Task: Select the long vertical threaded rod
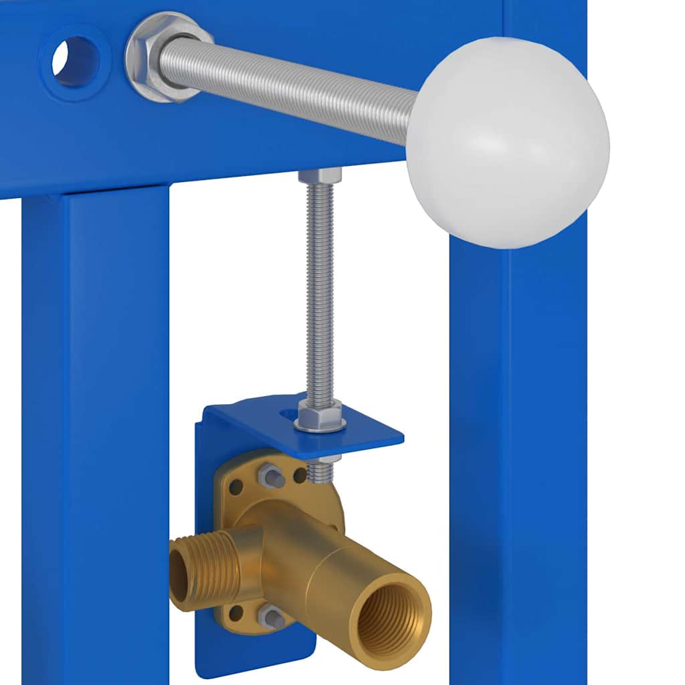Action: click(320, 288)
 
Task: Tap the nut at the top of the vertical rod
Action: click(320, 176)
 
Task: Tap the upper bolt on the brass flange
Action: click(271, 476)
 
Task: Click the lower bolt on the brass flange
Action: click(271, 615)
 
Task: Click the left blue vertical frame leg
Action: click(94, 435)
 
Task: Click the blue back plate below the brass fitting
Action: click(254, 652)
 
